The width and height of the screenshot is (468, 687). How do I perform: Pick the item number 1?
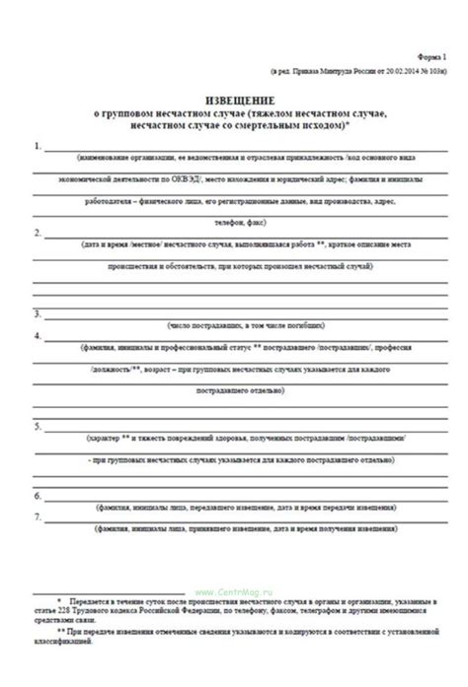click(37, 147)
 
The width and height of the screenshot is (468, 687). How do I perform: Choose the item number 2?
click(37, 233)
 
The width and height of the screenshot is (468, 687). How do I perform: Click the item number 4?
click(37, 336)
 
